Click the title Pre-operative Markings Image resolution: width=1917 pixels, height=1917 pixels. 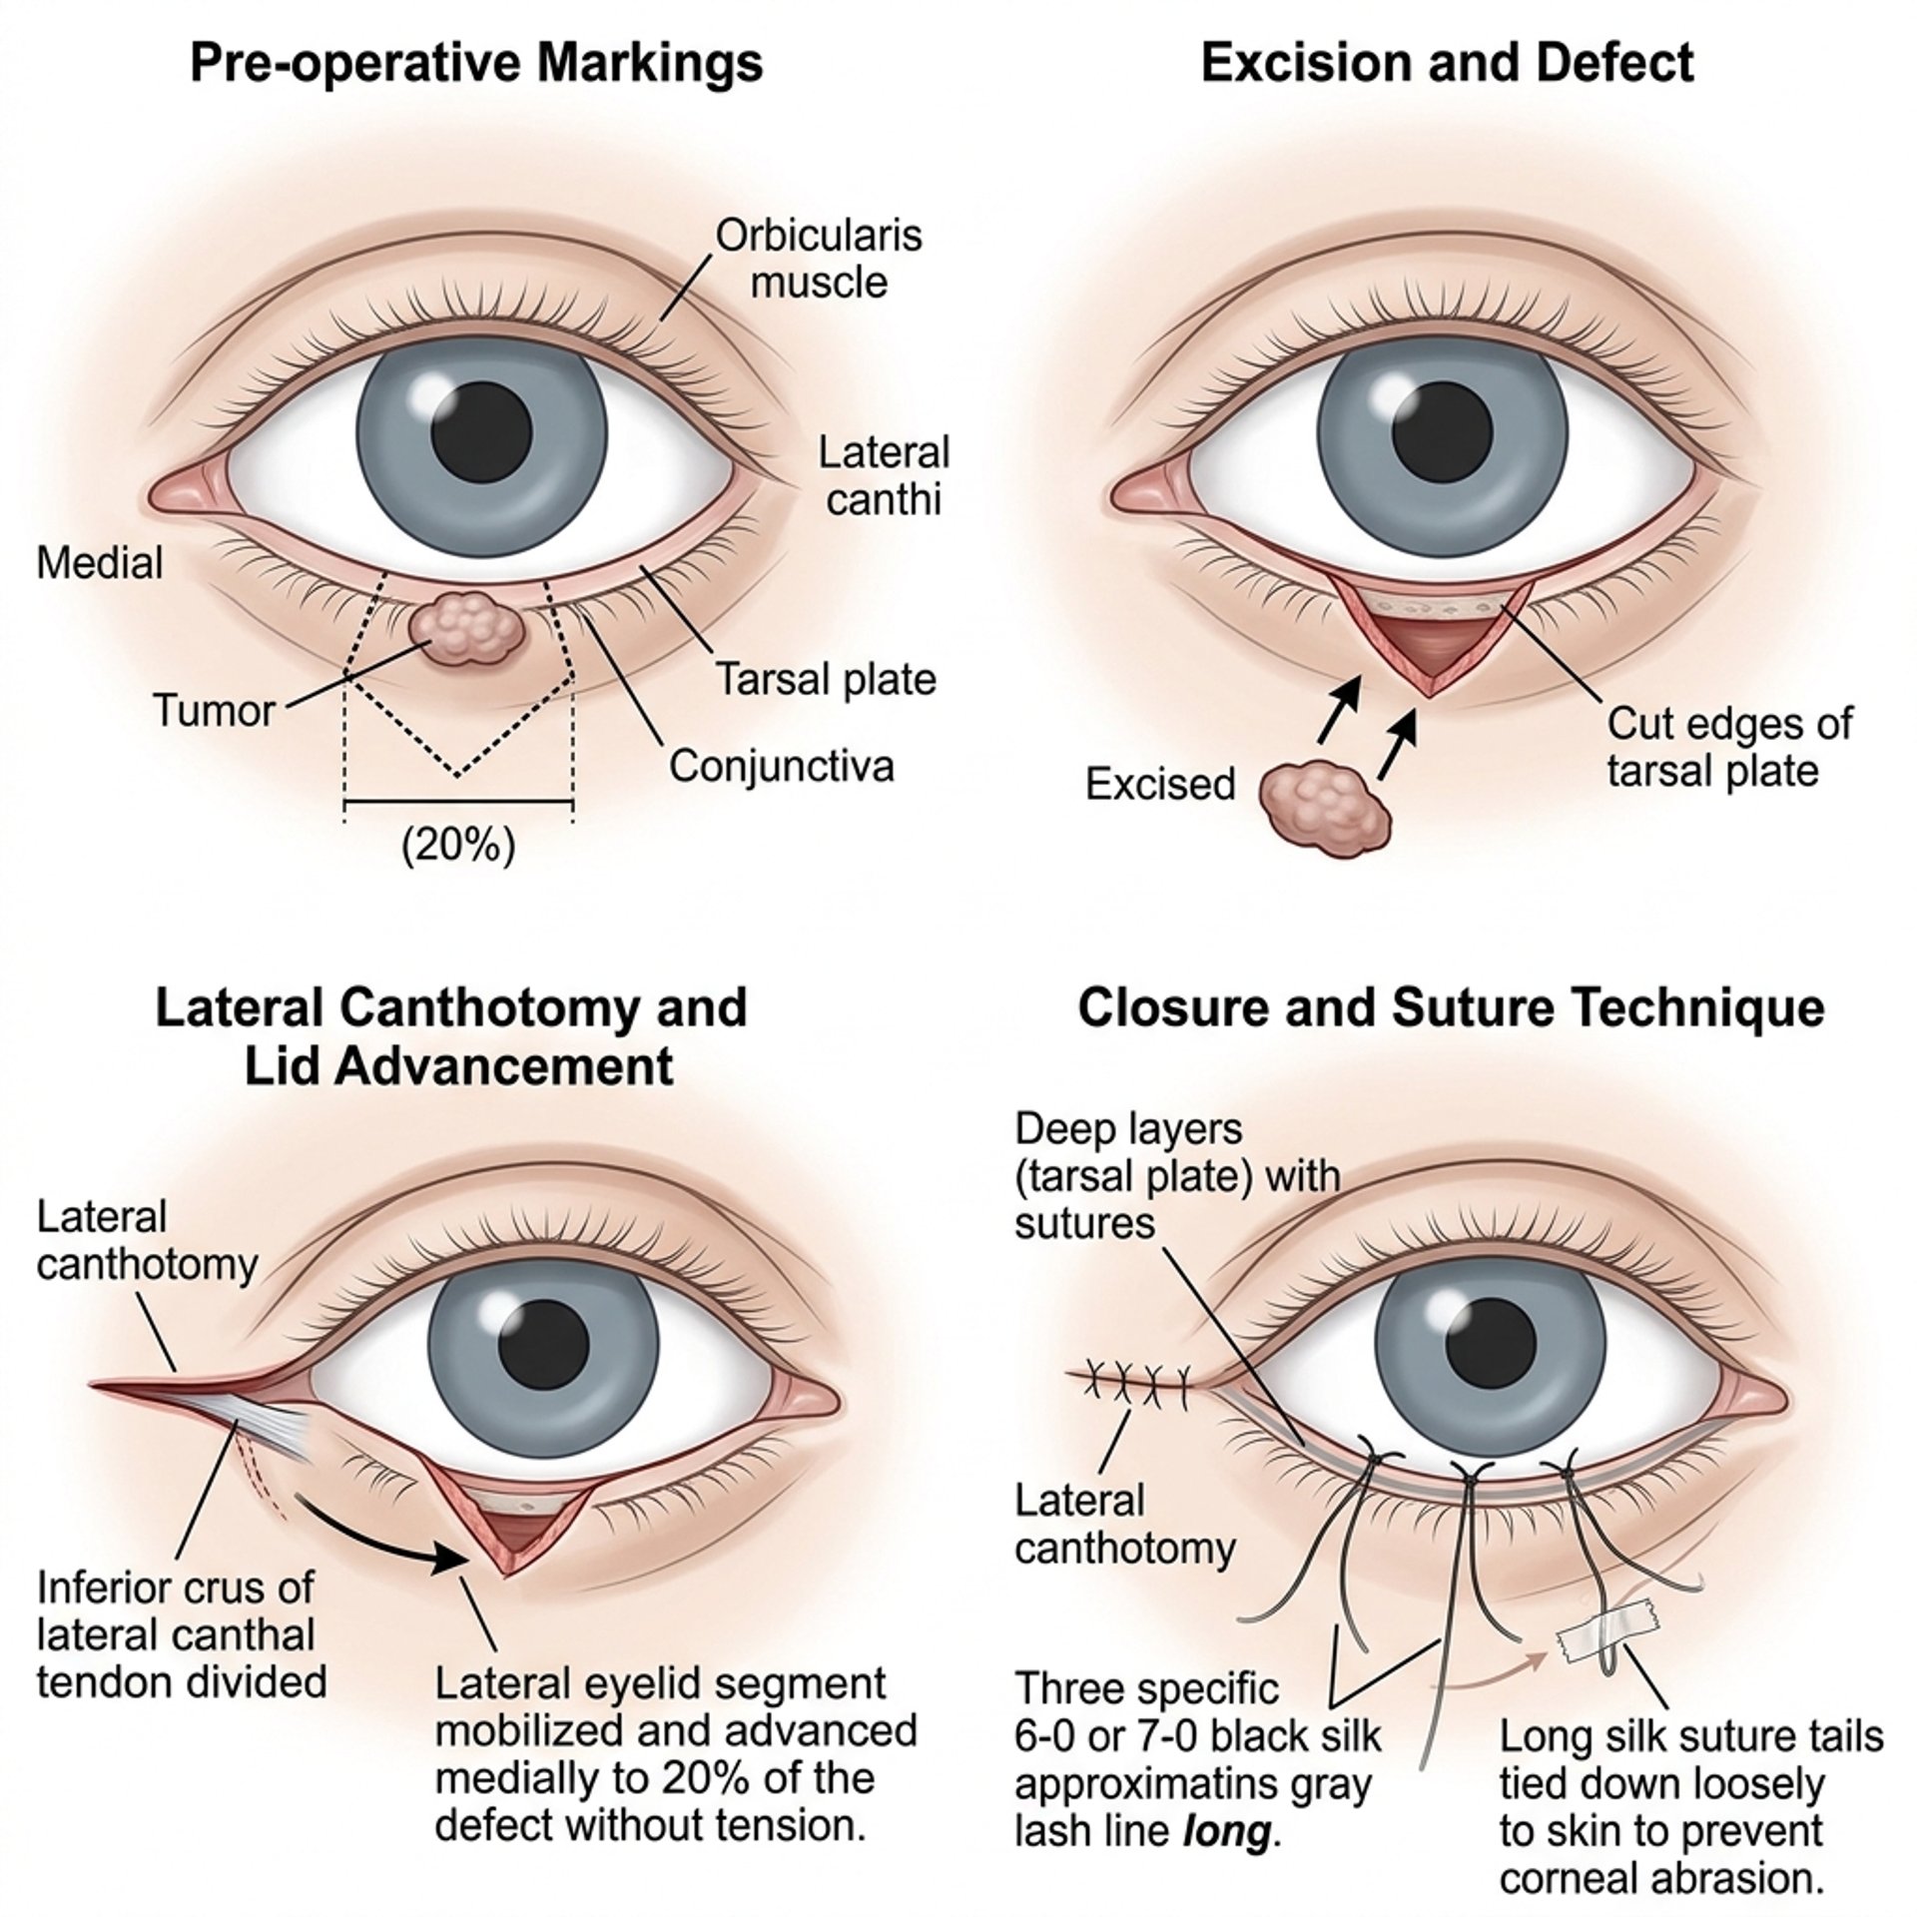[x=476, y=62]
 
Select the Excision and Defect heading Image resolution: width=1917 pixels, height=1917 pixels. [x=1447, y=62]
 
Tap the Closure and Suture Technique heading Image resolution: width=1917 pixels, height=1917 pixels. [x=1451, y=1007]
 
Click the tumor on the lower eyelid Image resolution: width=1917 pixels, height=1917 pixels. [x=466, y=629]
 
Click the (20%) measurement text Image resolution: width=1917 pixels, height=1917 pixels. [x=458, y=847]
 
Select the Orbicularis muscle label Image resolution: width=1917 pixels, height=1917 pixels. [x=819, y=259]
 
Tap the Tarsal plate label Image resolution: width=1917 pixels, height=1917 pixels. [x=827, y=680]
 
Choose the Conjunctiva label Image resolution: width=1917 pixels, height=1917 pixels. [x=781, y=767]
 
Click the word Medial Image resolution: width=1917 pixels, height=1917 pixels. [x=100, y=563]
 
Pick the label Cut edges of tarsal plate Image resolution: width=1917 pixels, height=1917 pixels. [x=1729, y=747]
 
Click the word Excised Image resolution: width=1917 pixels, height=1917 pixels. [x=1160, y=785]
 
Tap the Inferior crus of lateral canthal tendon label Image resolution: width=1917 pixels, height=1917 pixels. [x=181, y=1633]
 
